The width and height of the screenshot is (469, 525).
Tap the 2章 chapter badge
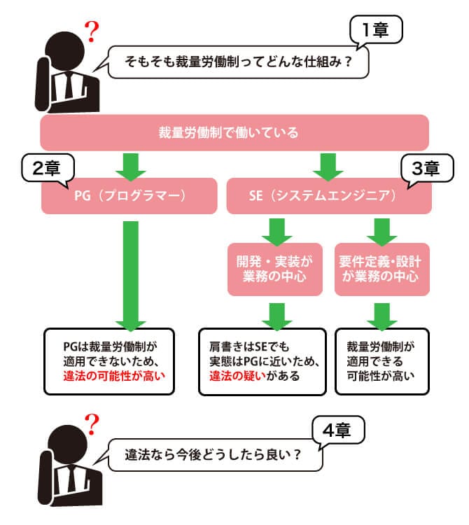pos(45,168)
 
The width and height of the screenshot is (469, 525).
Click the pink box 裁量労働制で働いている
pos(234,132)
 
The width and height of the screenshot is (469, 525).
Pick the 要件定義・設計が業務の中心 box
pos(381,268)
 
